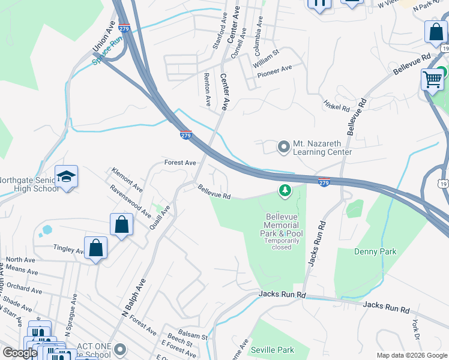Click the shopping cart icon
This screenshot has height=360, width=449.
pos(432,79)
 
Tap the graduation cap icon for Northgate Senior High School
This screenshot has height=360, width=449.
pos(66,176)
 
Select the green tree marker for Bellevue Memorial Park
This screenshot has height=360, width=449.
pos(285,191)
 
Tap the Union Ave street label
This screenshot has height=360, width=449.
pos(103,38)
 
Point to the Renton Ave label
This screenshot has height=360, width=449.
pos(207,89)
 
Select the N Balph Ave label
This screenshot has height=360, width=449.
pos(133,298)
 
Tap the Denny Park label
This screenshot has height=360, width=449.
pos(375,251)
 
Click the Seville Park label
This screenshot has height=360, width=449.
pos(273,350)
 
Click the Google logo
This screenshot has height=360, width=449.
pos(20,353)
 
